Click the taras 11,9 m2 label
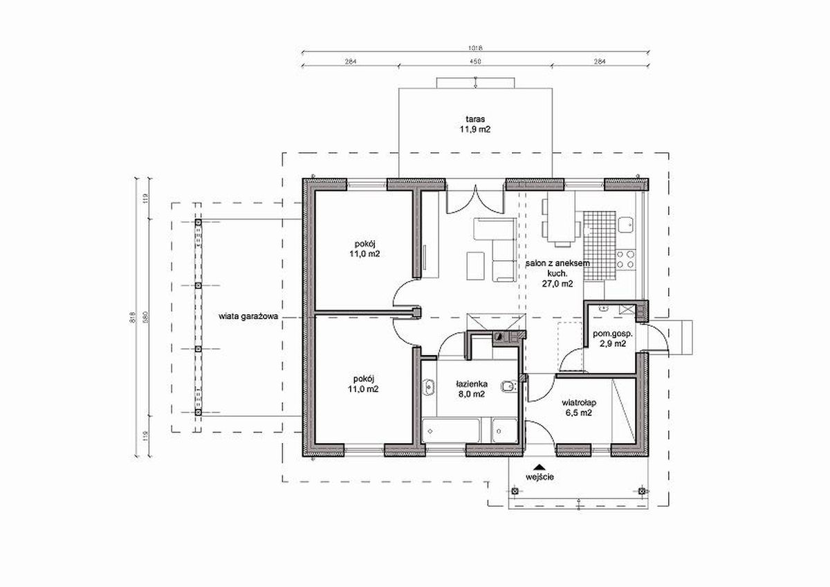click(475, 124)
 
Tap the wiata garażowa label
click(248, 316)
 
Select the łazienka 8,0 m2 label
click(472, 389)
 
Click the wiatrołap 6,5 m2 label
click(579, 408)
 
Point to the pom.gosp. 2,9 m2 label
click(613, 338)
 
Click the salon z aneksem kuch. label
click(557, 269)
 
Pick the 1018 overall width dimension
click(475, 48)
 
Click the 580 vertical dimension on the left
click(145, 317)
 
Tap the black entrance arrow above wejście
click(539, 467)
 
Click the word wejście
click(540, 477)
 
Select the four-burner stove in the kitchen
click(625, 259)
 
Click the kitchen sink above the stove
click(626, 225)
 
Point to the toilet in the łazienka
click(509, 387)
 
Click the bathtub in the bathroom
click(450, 431)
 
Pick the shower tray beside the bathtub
click(504, 431)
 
